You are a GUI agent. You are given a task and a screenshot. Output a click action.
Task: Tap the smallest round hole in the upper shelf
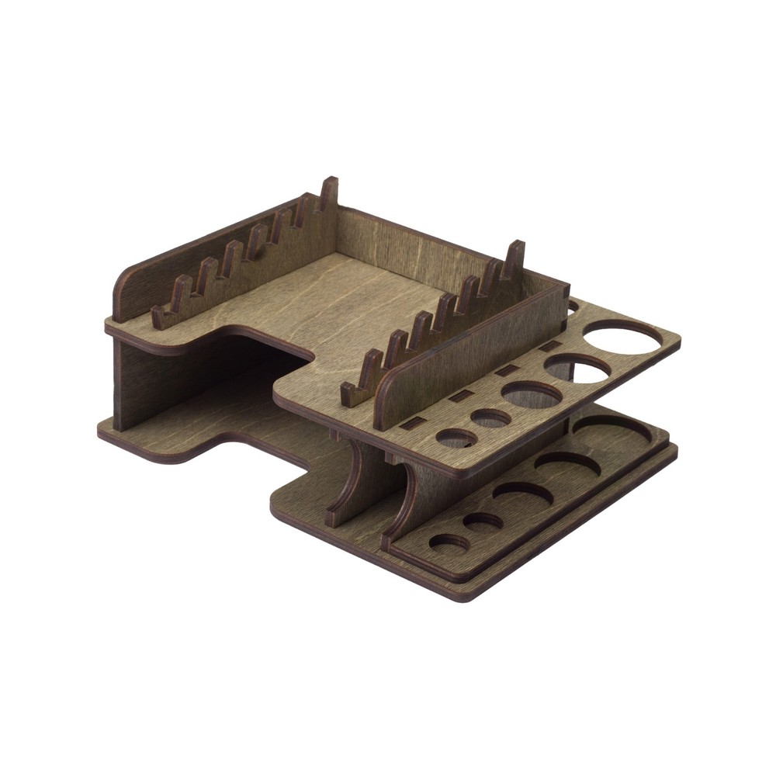456,438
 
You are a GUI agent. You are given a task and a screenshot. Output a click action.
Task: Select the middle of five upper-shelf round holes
532,393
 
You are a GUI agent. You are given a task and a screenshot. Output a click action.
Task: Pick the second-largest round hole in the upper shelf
579,369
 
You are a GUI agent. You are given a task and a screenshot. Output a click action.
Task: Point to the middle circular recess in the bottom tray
522,494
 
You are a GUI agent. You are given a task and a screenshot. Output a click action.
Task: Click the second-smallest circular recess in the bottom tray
483,521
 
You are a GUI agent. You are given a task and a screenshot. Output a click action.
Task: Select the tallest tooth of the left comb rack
329,193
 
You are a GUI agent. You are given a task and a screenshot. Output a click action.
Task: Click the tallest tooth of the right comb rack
514,259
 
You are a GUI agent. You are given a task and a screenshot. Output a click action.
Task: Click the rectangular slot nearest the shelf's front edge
414,424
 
